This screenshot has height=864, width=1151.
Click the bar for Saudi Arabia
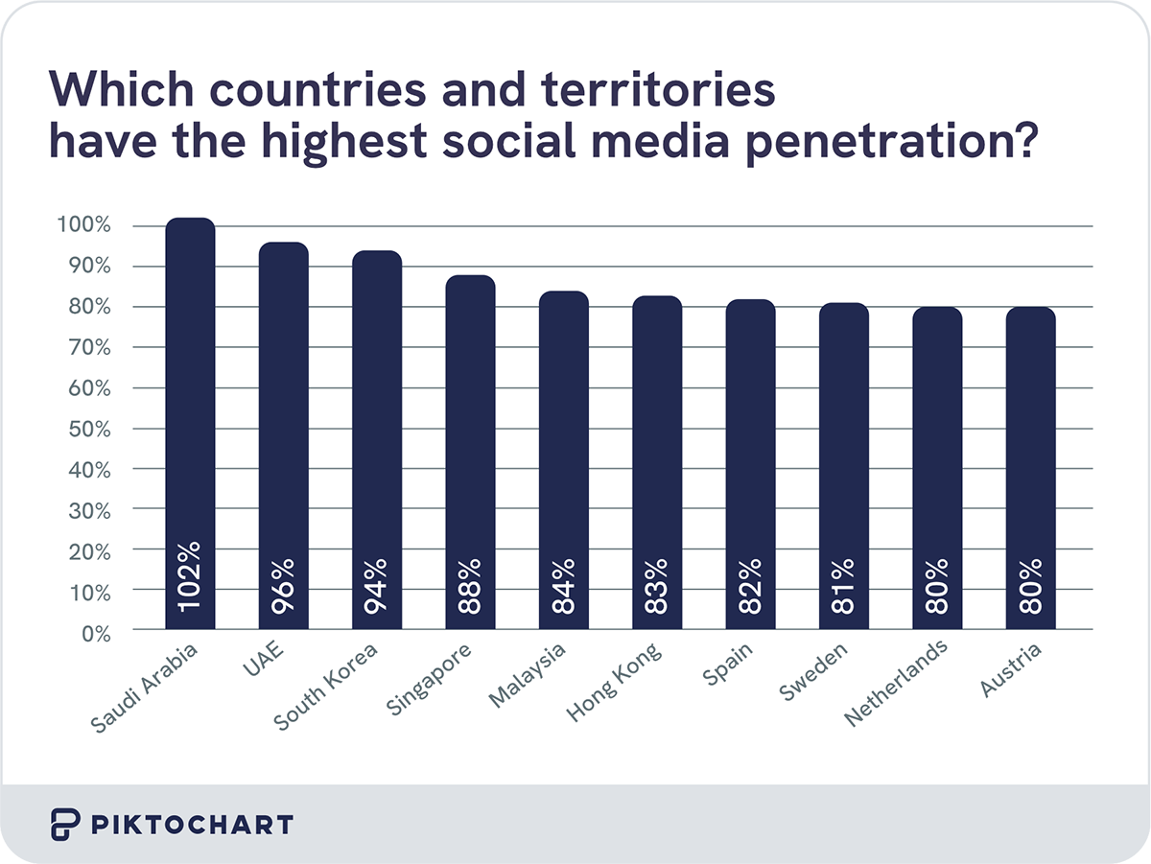pos(190,422)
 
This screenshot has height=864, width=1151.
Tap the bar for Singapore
pos(470,451)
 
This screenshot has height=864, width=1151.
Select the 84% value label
pos(564,587)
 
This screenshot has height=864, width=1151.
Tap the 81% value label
pos(844,587)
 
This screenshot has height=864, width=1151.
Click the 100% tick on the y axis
pos(84,226)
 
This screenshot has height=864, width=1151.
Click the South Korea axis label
pos(327,688)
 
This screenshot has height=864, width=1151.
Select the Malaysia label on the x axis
pos(527,676)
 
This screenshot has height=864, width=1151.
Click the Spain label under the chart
pos(728,664)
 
